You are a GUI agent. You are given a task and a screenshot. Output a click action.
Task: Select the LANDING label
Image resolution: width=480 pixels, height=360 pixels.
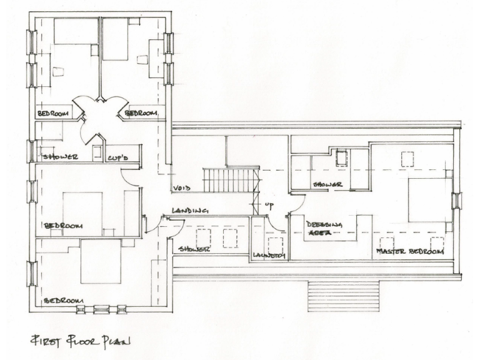click(191, 211)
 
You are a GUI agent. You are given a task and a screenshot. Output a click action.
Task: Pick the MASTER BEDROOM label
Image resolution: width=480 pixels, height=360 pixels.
click(409, 251)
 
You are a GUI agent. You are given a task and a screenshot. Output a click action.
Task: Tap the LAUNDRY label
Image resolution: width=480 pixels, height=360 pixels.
click(269, 254)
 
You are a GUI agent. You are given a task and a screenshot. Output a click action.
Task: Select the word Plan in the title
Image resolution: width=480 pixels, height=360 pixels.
click(116, 341)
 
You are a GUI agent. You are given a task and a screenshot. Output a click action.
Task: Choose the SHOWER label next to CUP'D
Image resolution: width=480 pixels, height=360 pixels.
click(60, 156)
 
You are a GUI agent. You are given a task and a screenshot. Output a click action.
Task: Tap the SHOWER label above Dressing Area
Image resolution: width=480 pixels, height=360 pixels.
click(327, 185)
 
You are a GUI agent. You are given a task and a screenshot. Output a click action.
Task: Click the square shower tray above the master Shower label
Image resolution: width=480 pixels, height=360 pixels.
click(341, 157)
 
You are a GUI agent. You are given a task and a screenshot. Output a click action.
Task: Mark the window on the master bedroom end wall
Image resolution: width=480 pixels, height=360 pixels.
click(456, 200)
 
